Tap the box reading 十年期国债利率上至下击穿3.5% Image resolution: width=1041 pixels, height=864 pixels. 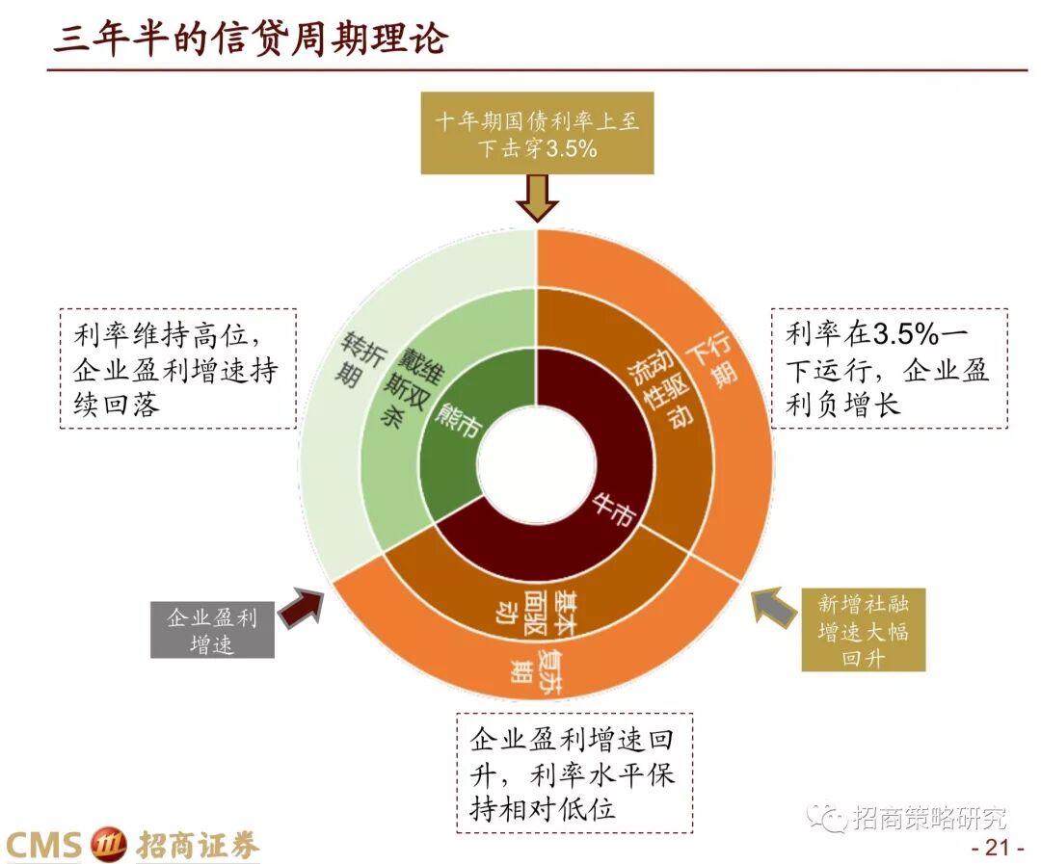coord(537,134)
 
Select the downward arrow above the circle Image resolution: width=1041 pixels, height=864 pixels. coord(537,197)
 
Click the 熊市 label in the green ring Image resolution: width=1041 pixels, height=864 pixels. coord(459,420)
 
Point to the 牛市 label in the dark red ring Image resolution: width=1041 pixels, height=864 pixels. coord(613,509)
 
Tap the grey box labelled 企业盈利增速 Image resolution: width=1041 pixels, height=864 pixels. coord(212,629)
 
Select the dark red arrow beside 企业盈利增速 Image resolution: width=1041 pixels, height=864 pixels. coord(301,609)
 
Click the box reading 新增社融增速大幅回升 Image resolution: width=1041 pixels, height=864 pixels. coord(863,630)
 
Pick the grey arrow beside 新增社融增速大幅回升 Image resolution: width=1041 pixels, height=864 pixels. coord(774,609)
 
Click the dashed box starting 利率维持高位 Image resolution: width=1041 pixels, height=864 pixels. coord(177,369)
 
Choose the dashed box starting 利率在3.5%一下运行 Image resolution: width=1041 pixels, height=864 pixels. coord(889,369)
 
